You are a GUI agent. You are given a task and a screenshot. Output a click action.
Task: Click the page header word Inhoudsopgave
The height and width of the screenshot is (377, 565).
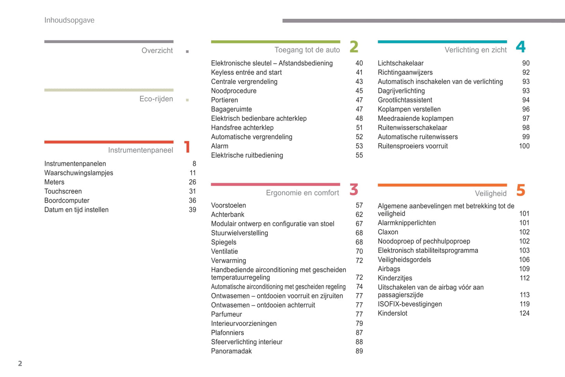[x=69, y=20]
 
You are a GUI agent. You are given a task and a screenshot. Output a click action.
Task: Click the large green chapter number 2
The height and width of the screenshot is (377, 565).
[x=354, y=47]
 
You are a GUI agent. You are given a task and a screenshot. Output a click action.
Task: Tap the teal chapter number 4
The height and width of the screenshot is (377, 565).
[x=520, y=47]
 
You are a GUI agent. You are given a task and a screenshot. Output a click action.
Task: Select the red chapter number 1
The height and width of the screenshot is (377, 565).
[x=187, y=147]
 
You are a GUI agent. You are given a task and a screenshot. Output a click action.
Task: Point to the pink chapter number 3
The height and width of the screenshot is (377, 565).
[x=354, y=190]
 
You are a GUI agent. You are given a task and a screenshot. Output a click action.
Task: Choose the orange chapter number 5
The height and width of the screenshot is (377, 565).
[x=520, y=190]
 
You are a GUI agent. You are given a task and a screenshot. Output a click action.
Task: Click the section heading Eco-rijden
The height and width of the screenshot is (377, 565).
[x=156, y=99]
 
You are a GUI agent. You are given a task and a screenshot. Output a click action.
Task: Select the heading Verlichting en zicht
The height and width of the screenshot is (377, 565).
[x=475, y=50]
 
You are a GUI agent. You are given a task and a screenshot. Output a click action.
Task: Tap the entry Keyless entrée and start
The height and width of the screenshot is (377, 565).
[x=246, y=72]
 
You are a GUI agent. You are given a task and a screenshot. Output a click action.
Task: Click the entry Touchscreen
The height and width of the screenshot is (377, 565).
[x=63, y=191]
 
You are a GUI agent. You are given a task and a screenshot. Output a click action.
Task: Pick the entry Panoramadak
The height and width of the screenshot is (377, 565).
[x=231, y=351]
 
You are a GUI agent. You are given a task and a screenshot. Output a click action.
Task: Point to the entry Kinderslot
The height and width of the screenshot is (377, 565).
[x=393, y=313]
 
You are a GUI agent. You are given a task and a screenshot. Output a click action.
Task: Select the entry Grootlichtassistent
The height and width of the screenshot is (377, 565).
[x=405, y=100]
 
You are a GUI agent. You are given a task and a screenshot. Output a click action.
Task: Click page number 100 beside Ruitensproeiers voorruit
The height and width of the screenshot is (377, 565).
[x=524, y=146]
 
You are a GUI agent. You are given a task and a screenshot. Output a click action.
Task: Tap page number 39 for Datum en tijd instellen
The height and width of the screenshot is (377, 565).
[x=192, y=210]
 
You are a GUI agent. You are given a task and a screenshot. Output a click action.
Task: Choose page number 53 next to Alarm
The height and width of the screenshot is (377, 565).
[x=359, y=146]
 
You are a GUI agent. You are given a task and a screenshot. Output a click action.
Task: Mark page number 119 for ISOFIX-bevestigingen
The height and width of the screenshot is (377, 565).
[x=524, y=304]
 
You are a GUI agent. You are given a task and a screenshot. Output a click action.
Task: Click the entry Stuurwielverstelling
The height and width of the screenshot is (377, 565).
[x=240, y=233]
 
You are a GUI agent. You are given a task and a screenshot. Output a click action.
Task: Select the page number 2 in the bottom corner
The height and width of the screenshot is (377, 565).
[x=20, y=364]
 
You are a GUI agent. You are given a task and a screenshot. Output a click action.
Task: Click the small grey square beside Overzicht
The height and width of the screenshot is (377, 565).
[x=187, y=52]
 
